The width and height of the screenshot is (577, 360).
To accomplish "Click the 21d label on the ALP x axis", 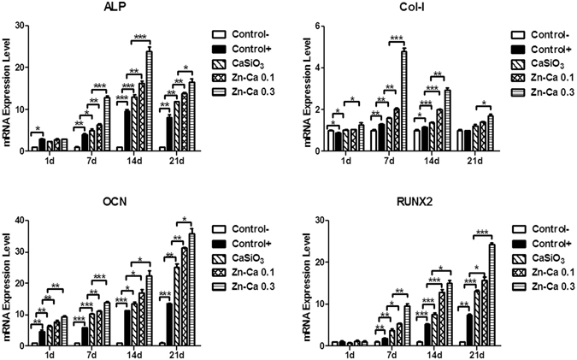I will (x=179, y=159).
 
